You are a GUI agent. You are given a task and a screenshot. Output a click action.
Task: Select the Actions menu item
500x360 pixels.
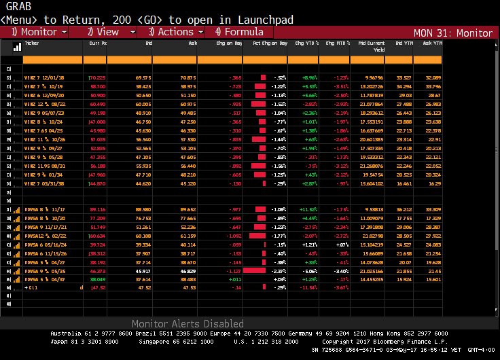pos(170,32)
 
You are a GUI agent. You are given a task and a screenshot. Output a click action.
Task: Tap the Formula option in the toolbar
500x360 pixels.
pos(238,32)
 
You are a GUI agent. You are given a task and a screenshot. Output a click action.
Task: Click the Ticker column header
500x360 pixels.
pos(32,42)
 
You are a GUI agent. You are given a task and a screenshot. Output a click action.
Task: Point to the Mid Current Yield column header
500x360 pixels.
pos(371,46)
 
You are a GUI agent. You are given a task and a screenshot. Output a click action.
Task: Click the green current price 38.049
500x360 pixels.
pos(98,279)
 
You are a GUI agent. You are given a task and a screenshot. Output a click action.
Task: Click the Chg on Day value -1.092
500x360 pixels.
pos(232,235)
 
